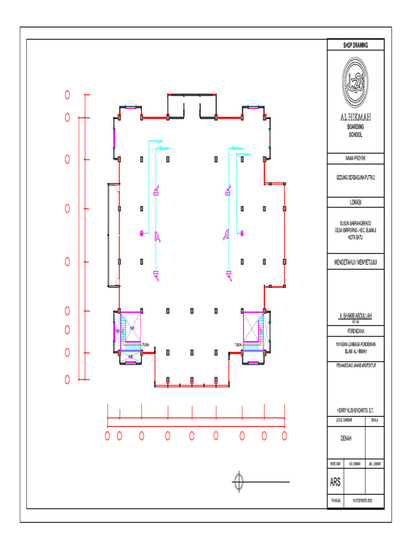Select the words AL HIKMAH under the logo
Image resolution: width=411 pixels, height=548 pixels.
click(355, 117)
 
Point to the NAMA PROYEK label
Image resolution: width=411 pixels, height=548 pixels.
click(355, 158)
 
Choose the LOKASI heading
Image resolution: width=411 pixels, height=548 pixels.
click(355, 202)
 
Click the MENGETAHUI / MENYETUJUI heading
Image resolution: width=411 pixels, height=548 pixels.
click(355, 262)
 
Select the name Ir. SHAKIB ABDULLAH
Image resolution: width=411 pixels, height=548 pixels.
click(355, 317)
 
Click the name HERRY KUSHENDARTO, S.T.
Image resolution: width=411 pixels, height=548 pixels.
click(355, 409)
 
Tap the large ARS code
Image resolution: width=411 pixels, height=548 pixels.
click(336, 483)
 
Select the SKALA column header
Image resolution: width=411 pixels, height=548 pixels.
click(375, 421)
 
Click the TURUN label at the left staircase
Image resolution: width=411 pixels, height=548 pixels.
click(146, 345)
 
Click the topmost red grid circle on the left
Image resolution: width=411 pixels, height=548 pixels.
click(67, 95)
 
